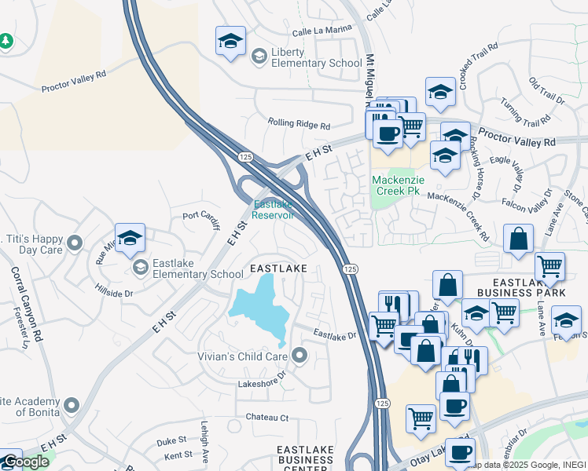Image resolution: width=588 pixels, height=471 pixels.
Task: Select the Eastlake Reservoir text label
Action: click(x=273, y=210)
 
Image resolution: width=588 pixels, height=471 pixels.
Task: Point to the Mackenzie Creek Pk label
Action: click(x=398, y=185)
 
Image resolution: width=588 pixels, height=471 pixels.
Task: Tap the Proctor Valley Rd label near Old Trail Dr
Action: click(x=516, y=142)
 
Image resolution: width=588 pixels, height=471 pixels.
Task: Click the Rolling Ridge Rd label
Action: click(x=298, y=124)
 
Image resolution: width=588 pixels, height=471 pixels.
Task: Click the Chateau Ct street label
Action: click(x=267, y=418)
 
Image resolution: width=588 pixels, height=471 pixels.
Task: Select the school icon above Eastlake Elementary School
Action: click(x=130, y=238)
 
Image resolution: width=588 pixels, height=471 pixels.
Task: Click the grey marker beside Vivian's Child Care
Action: click(x=300, y=356)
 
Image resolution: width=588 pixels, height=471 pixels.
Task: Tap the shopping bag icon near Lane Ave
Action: click(x=519, y=239)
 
